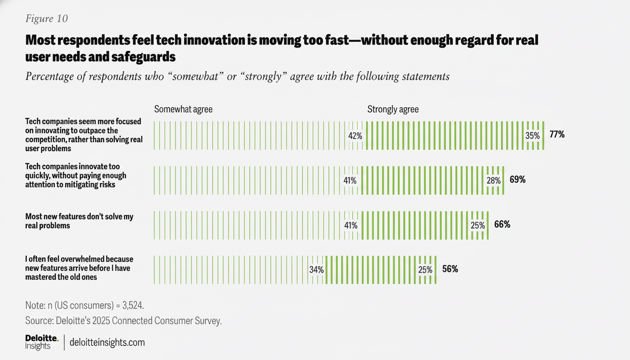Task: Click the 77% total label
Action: pyautogui.click(x=557, y=135)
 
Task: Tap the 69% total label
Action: pyautogui.click(x=517, y=180)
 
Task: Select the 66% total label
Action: pyautogui.click(x=502, y=225)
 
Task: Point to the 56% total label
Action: pyautogui.click(x=450, y=270)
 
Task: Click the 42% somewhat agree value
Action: pyautogui.click(x=355, y=136)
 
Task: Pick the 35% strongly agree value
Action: pyautogui.click(x=532, y=136)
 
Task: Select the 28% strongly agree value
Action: pyautogui.click(x=493, y=180)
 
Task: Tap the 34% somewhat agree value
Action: pyautogui.click(x=316, y=270)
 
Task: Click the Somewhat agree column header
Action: pyautogui.click(x=183, y=109)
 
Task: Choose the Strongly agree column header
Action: pyautogui.click(x=393, y=109)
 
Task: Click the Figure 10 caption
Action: pyautogui.click(x=46, y=18)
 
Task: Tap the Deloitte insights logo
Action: pyautogui.click(x=41, y=342)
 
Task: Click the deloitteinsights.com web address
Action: pyautogui.click(x=107, y=343)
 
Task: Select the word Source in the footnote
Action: pyautogui.click(x=39, y=321)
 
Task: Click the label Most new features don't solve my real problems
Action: pyautogui.click(x=79, y=221)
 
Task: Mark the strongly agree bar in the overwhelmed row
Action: pyautogui.click(x=370, y=270)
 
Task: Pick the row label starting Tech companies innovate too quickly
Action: pyautogui.click(x=76, y=175)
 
